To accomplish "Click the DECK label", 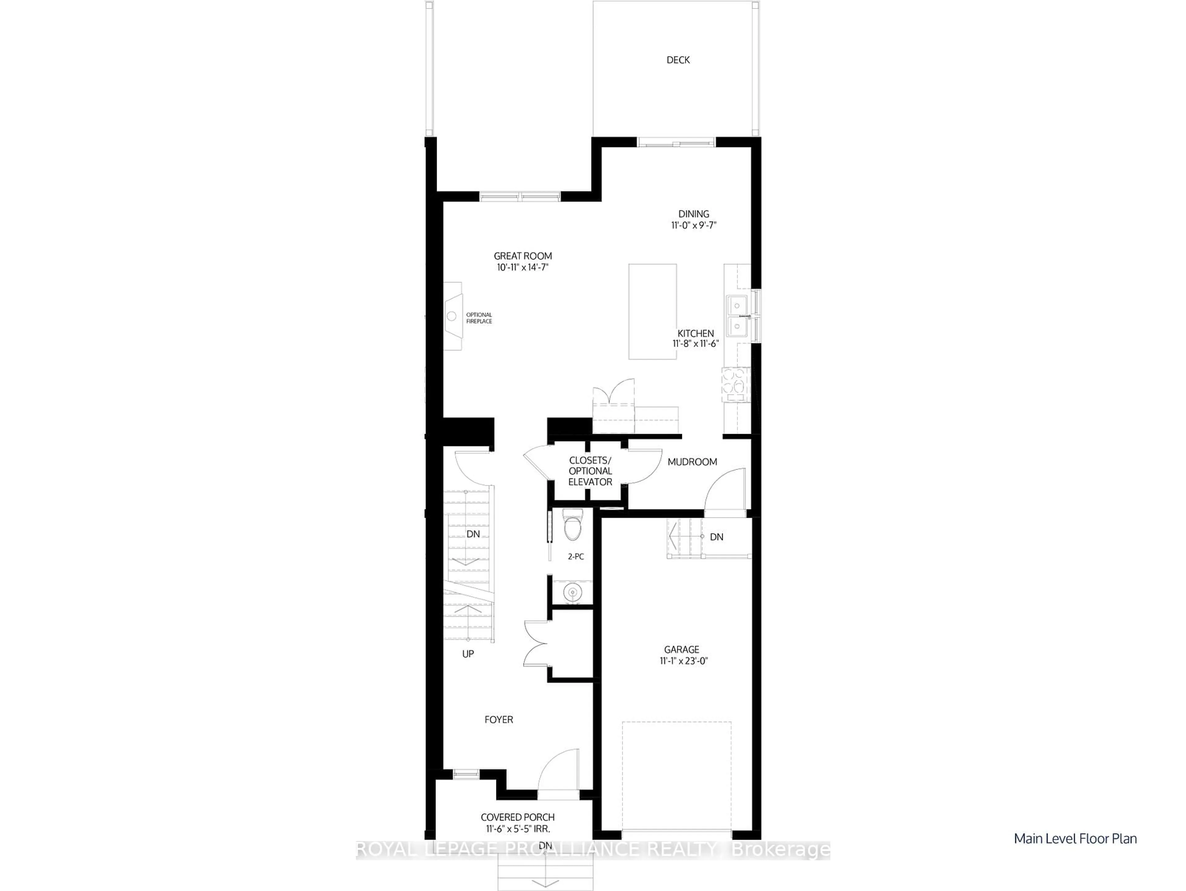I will click(x=678, y=60).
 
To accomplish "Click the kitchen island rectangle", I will click(x=652, y=311).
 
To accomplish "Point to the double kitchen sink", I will click(x=738, y=315).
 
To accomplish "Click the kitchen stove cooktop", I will click(x=736, y=384).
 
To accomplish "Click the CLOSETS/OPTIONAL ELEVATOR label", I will click(x=590, y=471).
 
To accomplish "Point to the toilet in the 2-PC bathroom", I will click(x=572, y=526).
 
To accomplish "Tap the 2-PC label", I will click(x=576, y=557).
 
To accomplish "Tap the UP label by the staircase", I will click(x=468, y=654).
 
